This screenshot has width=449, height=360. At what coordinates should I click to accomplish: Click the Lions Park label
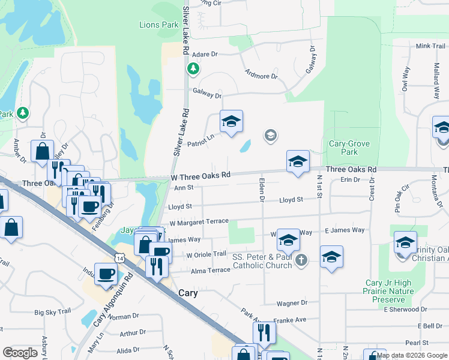click(x=158, y=25)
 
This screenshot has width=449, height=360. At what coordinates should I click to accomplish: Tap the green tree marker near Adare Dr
click(x=193, y=69)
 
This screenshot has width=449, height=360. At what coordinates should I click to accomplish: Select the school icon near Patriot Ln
click(x=231, y=122)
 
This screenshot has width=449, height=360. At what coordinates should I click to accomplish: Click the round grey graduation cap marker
click(x=270, y=136)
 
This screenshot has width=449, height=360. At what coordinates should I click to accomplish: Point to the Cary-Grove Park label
click(x=349, y=148)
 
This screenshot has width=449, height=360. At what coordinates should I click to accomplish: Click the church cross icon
click(x=301, y=260)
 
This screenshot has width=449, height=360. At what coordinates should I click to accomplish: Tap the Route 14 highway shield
click(x=121, y=257)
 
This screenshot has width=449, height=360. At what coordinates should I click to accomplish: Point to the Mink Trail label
click(x=430, y=46)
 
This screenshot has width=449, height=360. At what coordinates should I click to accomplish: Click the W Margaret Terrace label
click(x=199, y=222)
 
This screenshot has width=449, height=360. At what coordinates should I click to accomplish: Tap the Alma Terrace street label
click(x=211, y=271)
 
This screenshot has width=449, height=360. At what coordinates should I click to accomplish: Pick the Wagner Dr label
click(x=292, y=304)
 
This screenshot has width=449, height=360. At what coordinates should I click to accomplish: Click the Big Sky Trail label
click(x=53, y=312)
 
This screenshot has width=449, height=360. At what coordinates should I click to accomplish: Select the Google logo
click(x=20, y=353)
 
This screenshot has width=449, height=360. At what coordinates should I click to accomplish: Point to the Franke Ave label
click(x=289, y=320)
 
